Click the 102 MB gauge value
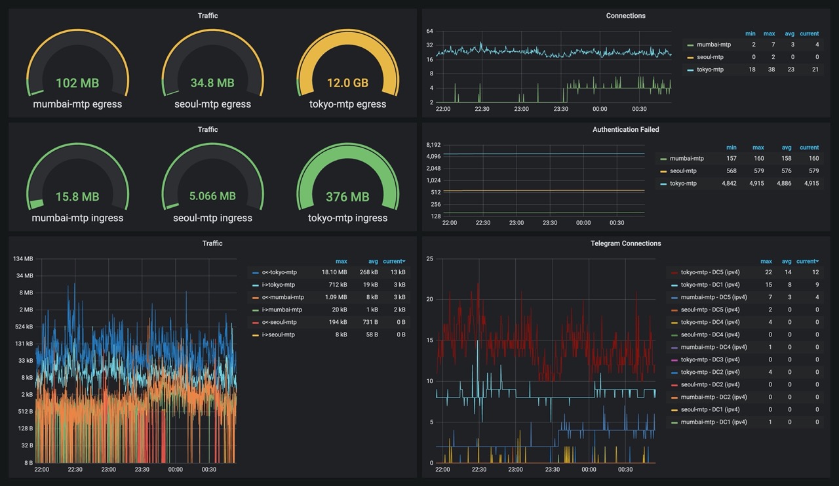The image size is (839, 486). (x=77, y=83)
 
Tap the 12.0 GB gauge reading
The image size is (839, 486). (x=347, y=83)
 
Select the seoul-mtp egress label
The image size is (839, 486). (x=213, y=104)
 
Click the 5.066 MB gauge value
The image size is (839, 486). (x=212, y=196)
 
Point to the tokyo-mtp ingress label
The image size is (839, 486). (x=347, y=218)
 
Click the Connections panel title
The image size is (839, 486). (x=625, y=16)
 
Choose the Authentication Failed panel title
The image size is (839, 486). (x=625, y=130)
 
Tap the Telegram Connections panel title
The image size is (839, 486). (x=625, y=243)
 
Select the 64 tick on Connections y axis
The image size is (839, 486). (x=429, y=31)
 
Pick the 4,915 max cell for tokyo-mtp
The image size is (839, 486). (x=756, y=184)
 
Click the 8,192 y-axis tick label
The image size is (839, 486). (x=433, y=145)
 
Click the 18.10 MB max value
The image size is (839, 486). (x=334, y=272)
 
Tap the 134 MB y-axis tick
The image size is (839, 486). (x=23, y=259)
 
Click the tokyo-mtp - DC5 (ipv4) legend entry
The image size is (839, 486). (x=710, y=272)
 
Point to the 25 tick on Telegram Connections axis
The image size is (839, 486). (x=429, y=259)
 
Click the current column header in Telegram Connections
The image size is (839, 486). (x=808, y=262)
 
